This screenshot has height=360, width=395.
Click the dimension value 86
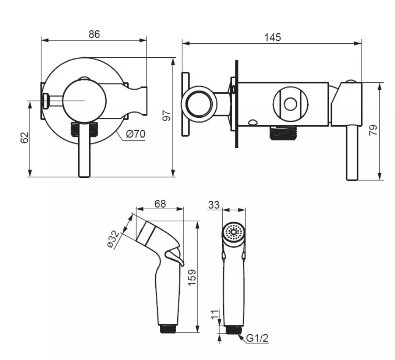tap(94, 34)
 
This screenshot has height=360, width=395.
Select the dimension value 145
tap(272, 37)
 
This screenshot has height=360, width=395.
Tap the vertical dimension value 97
tap(167, 115)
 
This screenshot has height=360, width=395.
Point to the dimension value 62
tap(25, 137)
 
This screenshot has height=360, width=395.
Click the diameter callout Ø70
tap(136, 134)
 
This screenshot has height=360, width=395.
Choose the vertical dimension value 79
tap(373, 130)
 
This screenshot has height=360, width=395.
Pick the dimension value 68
tap(160, 204)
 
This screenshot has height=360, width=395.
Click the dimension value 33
tap(214, 205)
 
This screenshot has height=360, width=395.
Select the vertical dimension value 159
tap(192, 278)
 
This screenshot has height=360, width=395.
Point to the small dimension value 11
tap(215, 315)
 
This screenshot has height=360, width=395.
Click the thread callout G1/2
tap(257, 338)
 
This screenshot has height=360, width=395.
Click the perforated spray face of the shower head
tap(234, 232)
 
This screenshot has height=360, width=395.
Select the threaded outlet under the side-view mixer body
tap(283, 133)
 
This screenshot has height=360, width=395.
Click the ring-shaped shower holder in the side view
tap(199, 104)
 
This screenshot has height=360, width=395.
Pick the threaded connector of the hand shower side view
tap(168, 329)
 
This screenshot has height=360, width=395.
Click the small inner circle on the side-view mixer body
tap(291, 104)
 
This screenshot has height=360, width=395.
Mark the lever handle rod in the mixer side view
tap(352, 153)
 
